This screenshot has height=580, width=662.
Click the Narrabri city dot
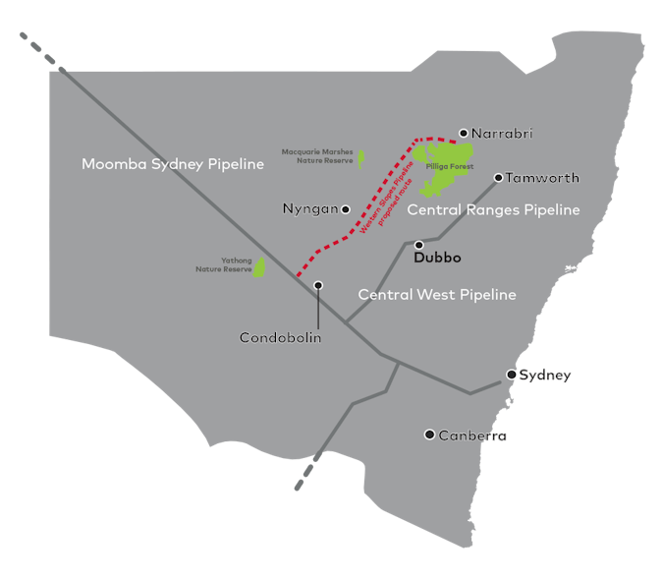tap(464, 133)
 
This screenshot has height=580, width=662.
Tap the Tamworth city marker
tap(498, 178)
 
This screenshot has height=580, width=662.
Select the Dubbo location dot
tap(418, 245)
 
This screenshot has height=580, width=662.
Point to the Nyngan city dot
tap(346, 209)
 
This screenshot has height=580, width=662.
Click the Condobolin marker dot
tap(318, 285)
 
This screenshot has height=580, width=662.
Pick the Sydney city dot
tap(511, 375)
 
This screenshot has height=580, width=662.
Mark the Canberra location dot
tap(429, 435)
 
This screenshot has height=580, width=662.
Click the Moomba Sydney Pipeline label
tap(173, 164)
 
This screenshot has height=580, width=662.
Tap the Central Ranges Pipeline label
tap(493, 210)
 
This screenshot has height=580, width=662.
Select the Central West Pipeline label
tap(437, 295)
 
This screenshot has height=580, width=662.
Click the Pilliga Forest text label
tap(450, 167)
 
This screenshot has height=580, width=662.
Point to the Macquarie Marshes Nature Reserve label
tap(317, 156)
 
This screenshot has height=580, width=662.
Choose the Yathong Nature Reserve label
tap(224, 264)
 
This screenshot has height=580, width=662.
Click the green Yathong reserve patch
tap(260, 266)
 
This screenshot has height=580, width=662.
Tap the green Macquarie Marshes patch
tap(361, 158)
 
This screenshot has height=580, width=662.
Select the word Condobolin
tap(281, 337)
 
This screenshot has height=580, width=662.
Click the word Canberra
tap(472, 435)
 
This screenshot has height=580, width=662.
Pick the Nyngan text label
tap(309, 209)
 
